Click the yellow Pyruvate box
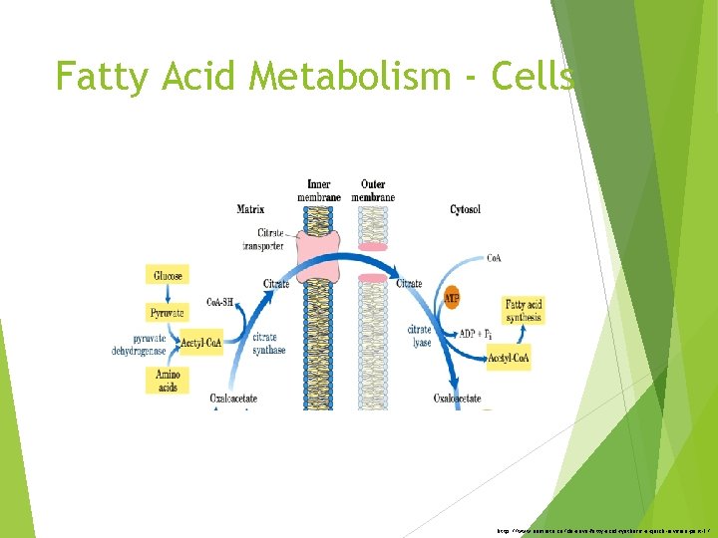(167, 313)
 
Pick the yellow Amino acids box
(167, 380)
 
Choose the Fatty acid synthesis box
(523, 311)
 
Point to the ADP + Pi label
(476, 334)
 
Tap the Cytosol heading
(465, 210)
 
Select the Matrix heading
(250, 209)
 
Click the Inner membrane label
(319, 190)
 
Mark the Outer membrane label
(373, 190)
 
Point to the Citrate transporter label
(263, 239)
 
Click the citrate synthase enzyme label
(269, 344)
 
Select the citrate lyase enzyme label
(419, 335)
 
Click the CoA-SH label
(221, 302)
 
